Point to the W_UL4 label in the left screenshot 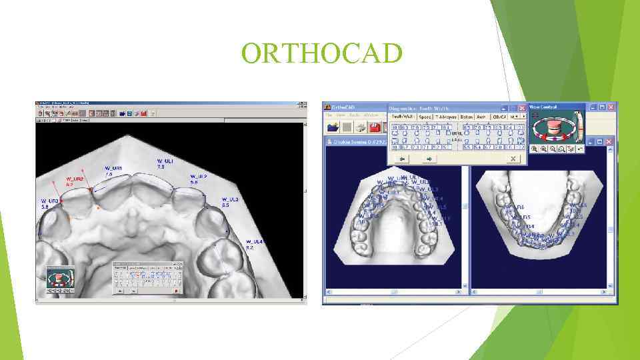[x=254, y=244]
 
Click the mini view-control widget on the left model [x=59, y=279]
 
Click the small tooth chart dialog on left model [x=147, y=278]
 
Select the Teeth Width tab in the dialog [x=403, y=117]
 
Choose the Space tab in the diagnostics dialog [x=425, y=117]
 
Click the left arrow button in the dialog [x=402, y=159]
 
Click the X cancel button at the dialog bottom [x=512, y=159]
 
